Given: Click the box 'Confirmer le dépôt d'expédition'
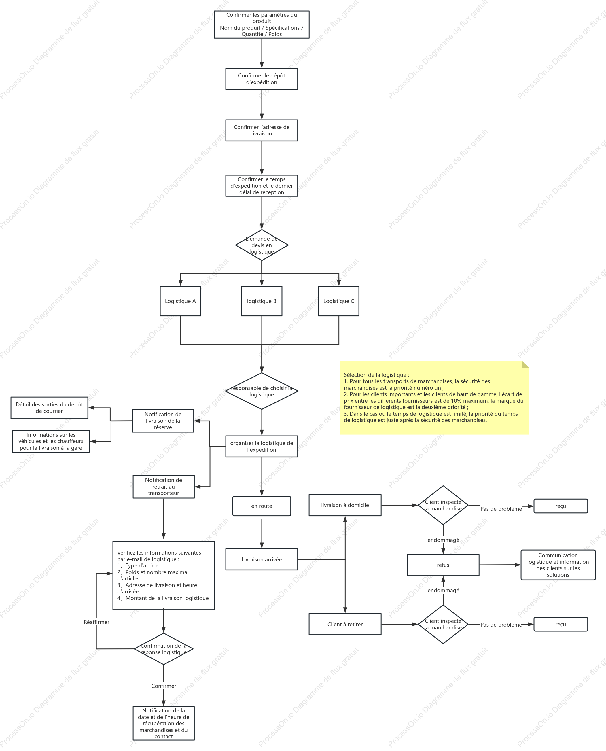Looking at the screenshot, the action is [262, 79].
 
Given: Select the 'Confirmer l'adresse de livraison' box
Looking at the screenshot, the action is [262, 130].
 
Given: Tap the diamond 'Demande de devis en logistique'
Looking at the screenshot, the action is [262, 245].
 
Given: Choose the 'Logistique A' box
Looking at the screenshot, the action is [181, 301].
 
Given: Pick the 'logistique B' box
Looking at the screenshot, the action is [262, 301].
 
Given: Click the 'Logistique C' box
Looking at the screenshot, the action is [339, 301].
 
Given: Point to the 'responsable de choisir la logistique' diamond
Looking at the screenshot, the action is [262, 391].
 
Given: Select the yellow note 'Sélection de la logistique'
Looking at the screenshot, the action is [434, 398].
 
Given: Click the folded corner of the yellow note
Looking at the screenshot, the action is [525, 364].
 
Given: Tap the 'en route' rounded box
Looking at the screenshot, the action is [262, 506].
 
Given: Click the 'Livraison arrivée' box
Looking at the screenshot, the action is [262, 559].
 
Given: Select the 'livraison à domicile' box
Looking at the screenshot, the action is [345, 505].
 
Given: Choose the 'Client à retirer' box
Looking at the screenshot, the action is [345, 624].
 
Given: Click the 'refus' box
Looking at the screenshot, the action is [443, 565].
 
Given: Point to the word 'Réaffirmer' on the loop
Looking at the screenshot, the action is [96, 622].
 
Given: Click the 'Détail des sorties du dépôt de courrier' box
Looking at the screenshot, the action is [49, 408].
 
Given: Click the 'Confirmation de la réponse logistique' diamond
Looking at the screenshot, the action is [163, 649].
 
